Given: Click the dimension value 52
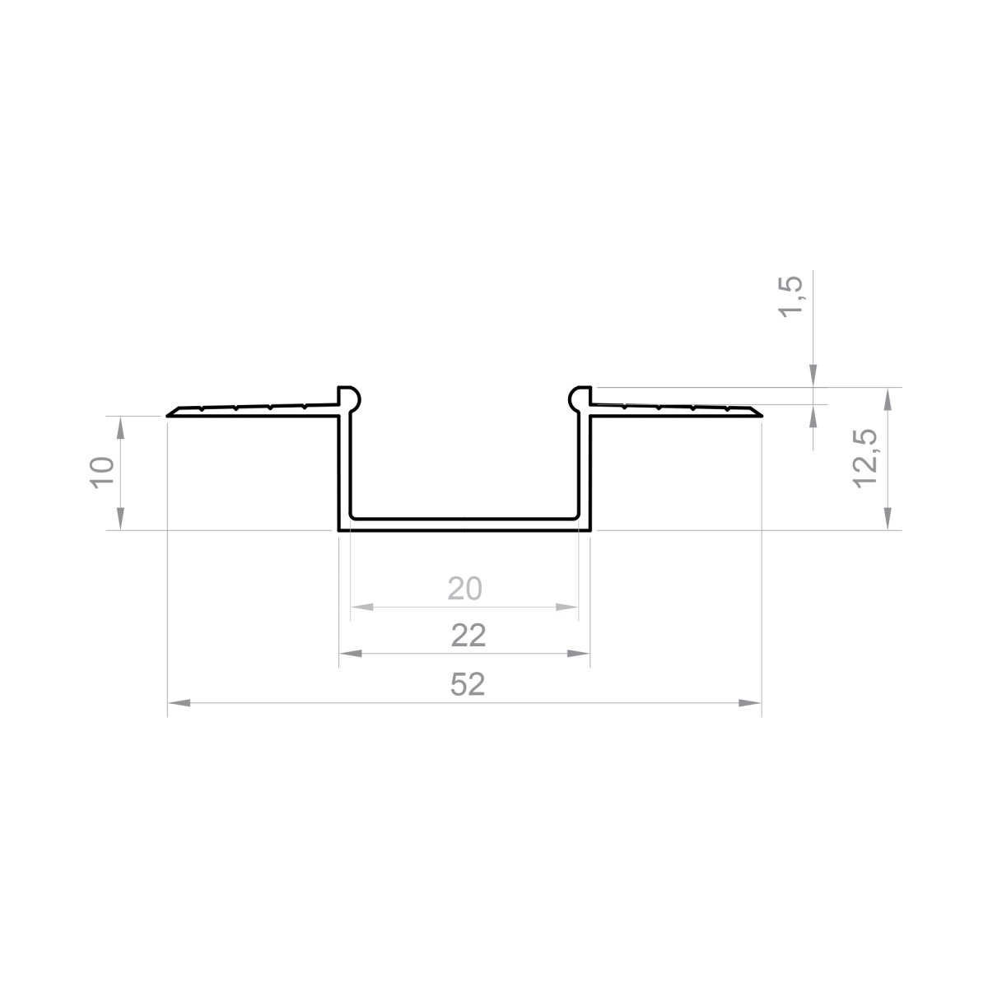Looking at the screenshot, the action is click(467, 684).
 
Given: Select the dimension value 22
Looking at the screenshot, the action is click(468, 636).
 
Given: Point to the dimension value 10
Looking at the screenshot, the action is click(102, 472).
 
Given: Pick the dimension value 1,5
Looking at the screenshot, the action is click(790, 297).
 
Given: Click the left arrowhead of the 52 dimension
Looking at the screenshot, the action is click(179, 703).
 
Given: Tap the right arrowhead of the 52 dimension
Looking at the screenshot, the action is click(750, 703).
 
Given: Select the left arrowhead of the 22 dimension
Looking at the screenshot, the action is click(351, 654).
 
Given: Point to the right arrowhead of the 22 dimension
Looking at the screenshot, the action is click(578, 654).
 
